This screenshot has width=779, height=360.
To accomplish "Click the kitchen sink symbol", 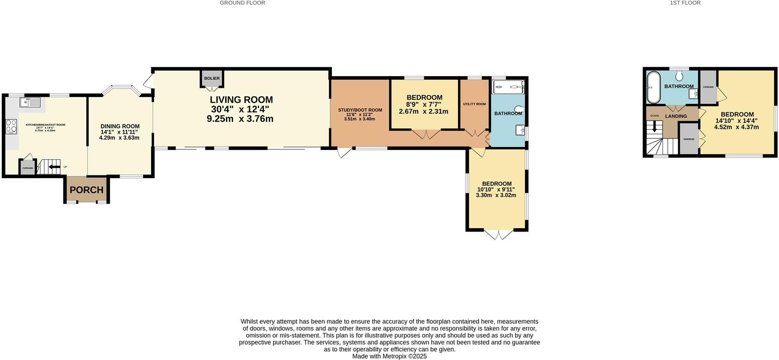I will point(30,102).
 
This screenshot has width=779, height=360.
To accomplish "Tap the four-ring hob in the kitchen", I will point(11,126).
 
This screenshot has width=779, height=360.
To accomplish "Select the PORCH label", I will point(86,190).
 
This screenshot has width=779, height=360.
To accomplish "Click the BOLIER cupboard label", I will point(212,78).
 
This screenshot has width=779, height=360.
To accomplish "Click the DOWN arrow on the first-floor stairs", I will point(654,126).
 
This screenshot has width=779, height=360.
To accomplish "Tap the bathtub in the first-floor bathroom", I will point(653,88).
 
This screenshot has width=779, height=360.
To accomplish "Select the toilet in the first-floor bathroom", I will point(679,75).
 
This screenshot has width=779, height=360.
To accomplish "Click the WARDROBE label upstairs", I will point(689,139).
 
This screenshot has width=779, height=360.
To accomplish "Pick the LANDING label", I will point(676,116).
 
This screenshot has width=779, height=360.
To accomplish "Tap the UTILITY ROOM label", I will point(474,104).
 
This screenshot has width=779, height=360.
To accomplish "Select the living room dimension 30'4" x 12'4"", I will point(240,109).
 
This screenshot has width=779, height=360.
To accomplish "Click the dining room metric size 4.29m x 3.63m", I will point(119,138).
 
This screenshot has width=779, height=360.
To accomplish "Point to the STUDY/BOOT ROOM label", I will point(360,110).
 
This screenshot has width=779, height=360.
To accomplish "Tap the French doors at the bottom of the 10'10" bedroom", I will point(498,234).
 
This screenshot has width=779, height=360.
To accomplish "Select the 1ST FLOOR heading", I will point(685,3).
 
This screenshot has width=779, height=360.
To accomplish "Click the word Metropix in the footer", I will point(394,356).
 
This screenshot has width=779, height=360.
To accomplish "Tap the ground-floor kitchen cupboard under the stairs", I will point(27,167).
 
